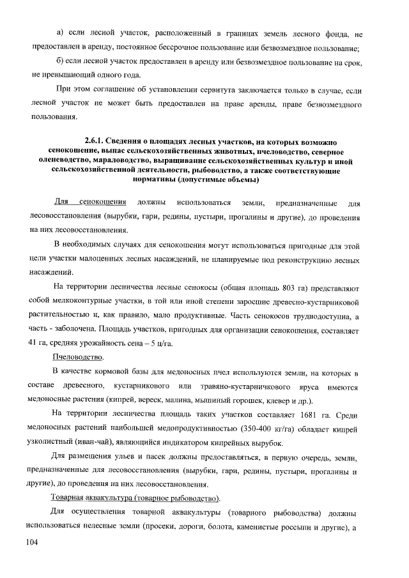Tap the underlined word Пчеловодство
[79, 356]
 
